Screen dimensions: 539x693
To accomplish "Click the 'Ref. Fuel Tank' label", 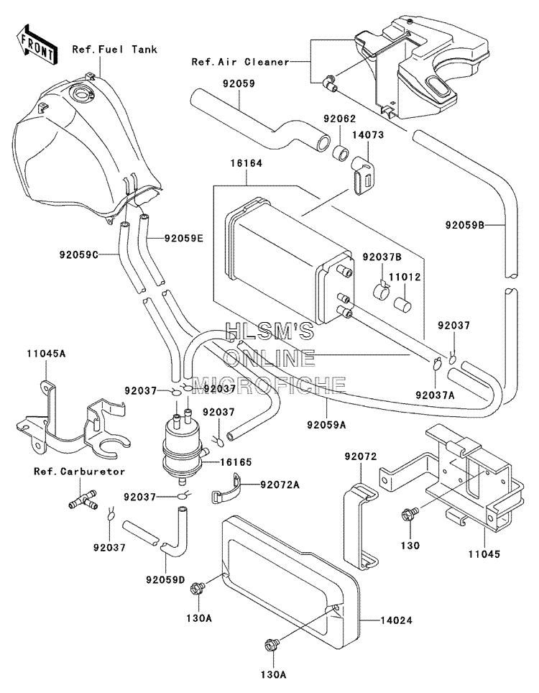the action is click(115, 49).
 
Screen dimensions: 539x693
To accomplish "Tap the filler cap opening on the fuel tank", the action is click(82, 93).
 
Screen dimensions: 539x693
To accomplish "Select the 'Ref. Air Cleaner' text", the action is click(240, 62).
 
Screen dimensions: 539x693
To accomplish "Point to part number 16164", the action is click(246, 163).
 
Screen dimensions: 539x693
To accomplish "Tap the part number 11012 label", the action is click(405, 277).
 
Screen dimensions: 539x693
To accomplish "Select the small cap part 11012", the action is click(402, 305).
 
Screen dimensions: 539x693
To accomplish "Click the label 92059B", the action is click(465, 226).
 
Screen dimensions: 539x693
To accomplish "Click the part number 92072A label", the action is click(280, 485).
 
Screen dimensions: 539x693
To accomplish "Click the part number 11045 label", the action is click(484, 554).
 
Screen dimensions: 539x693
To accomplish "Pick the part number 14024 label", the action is click(396, 620).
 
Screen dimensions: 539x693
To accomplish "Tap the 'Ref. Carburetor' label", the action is click(80, 472).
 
